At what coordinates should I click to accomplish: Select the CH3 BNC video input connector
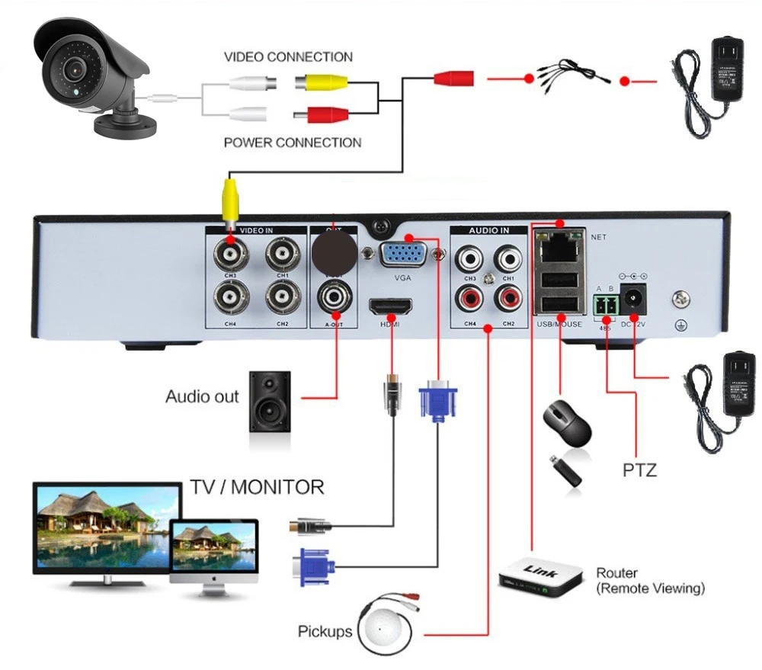coord(226,251)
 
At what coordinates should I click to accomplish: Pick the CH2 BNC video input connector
coord(281,293)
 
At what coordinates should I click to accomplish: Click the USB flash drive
coord(566,470)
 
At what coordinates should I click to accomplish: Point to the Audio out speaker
coord(269,401)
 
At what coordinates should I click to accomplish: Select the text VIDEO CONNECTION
coord(288,57)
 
